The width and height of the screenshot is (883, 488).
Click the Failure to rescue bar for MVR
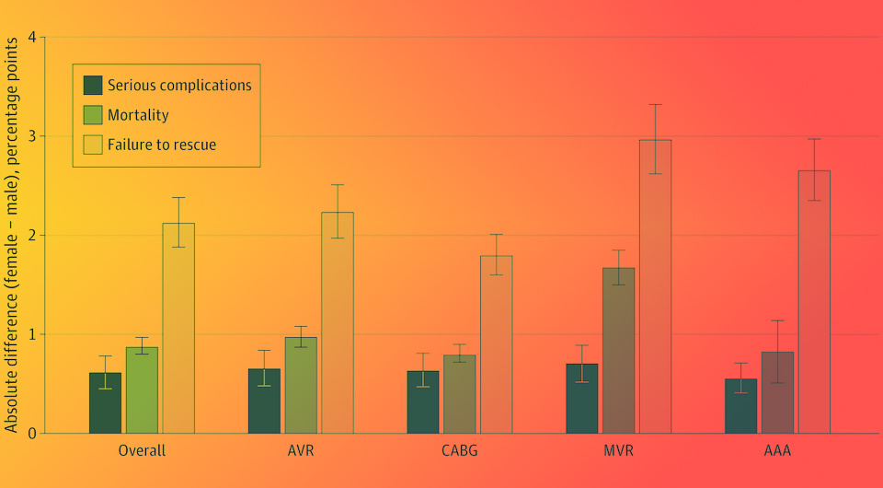[x=655, y=286]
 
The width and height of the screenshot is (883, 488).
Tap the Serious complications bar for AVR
[x=264, y=401]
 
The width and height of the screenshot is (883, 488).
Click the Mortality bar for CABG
[x=459, y=393]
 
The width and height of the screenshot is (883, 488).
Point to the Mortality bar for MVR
[x=618, y=350]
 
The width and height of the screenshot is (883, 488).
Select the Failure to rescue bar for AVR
[x=338, y=322]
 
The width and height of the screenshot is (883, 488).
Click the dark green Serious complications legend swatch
[x=93, y=86]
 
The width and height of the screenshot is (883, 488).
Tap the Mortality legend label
[x=138, y=115]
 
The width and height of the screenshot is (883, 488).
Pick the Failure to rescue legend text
[x=162, y=145]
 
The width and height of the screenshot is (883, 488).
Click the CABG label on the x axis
[x=460, y=451]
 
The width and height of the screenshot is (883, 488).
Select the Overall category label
[x=142, y=451]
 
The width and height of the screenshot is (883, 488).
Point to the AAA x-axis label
[x=777, y=451]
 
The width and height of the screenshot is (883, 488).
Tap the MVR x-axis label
[x=618, y=451]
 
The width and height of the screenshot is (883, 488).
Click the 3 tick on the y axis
[x=32, y=136]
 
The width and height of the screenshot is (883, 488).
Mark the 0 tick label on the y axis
[x=32, y=433]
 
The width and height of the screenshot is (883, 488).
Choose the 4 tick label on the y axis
[x=32, y=38]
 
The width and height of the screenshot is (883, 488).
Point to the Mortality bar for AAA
[x=777, y=392]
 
